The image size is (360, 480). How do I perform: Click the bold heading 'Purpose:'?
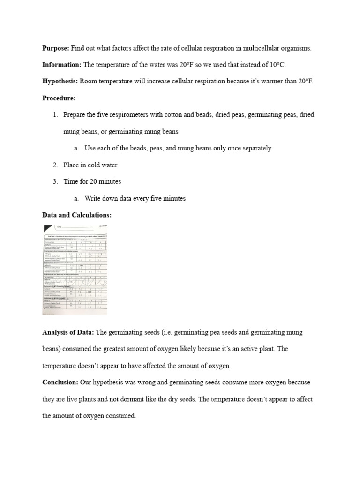pyautogui.click(x=56, y=48)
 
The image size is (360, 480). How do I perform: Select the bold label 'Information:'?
pyautogui.click(x=61, y=65)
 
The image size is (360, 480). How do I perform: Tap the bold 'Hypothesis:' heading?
pyautogui.click(x=60, y=81)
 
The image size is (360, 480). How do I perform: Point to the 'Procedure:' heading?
pyautogui.click(x=59, y=98)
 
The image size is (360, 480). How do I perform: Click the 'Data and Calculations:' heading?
pyautogui.click(x=77, y=215)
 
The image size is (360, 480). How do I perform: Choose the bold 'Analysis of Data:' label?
pyautogui.click(x=68, y=332)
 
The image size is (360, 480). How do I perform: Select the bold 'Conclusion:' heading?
pyautogui.click(x=60, y=382)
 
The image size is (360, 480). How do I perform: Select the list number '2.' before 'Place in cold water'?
pyautogui.click(x=55, y=165)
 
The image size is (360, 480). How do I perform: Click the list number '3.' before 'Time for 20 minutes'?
pyautogui.click(x=55, y=181)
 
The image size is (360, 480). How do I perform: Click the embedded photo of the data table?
pyautogui.click(x=75, y=269)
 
